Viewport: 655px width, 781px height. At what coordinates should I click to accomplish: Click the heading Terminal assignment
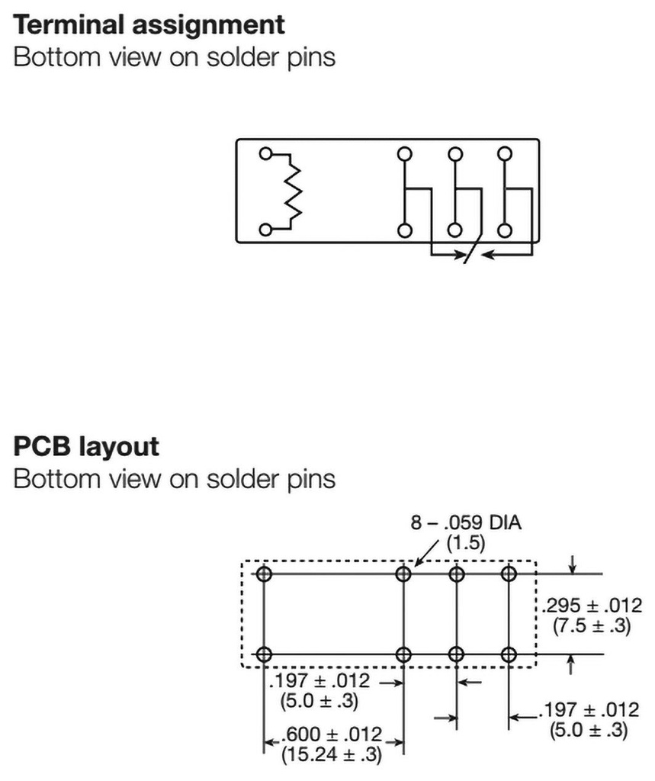coord(149,24)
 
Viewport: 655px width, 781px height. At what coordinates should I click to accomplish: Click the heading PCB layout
coord(87,446)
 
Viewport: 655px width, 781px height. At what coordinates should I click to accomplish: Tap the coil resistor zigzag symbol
coord(294,191)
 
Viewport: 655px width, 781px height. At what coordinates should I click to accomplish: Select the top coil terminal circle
coord(265,153)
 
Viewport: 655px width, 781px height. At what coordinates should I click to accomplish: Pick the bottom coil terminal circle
coord(265,229)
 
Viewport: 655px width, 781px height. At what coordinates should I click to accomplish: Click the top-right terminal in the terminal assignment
coord(504,153)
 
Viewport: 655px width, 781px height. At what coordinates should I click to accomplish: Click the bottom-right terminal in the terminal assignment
coord(504,230)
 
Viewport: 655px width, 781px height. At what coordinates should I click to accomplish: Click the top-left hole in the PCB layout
coord(264,574)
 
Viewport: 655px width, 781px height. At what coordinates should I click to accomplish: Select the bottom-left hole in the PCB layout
coord(264,654)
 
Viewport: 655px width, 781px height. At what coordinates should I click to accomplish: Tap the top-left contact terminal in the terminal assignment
coord(404,153)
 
